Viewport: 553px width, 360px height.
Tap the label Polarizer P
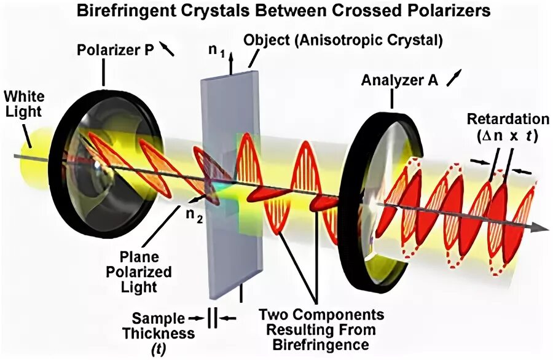pyautogui.click(x=114, y=50)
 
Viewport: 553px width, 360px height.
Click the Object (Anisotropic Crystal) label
pyautogui.click(x=343, y=42)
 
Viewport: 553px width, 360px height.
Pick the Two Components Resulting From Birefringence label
pyautogui.click(x=321, y=329)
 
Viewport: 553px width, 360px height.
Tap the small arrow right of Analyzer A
pyautogui.click(x=453, y=77)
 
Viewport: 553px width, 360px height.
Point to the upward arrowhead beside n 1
pyautogui.click(x=231, y=54)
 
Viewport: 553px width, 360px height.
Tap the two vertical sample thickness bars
pyautogui.click(x=211, y=318)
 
